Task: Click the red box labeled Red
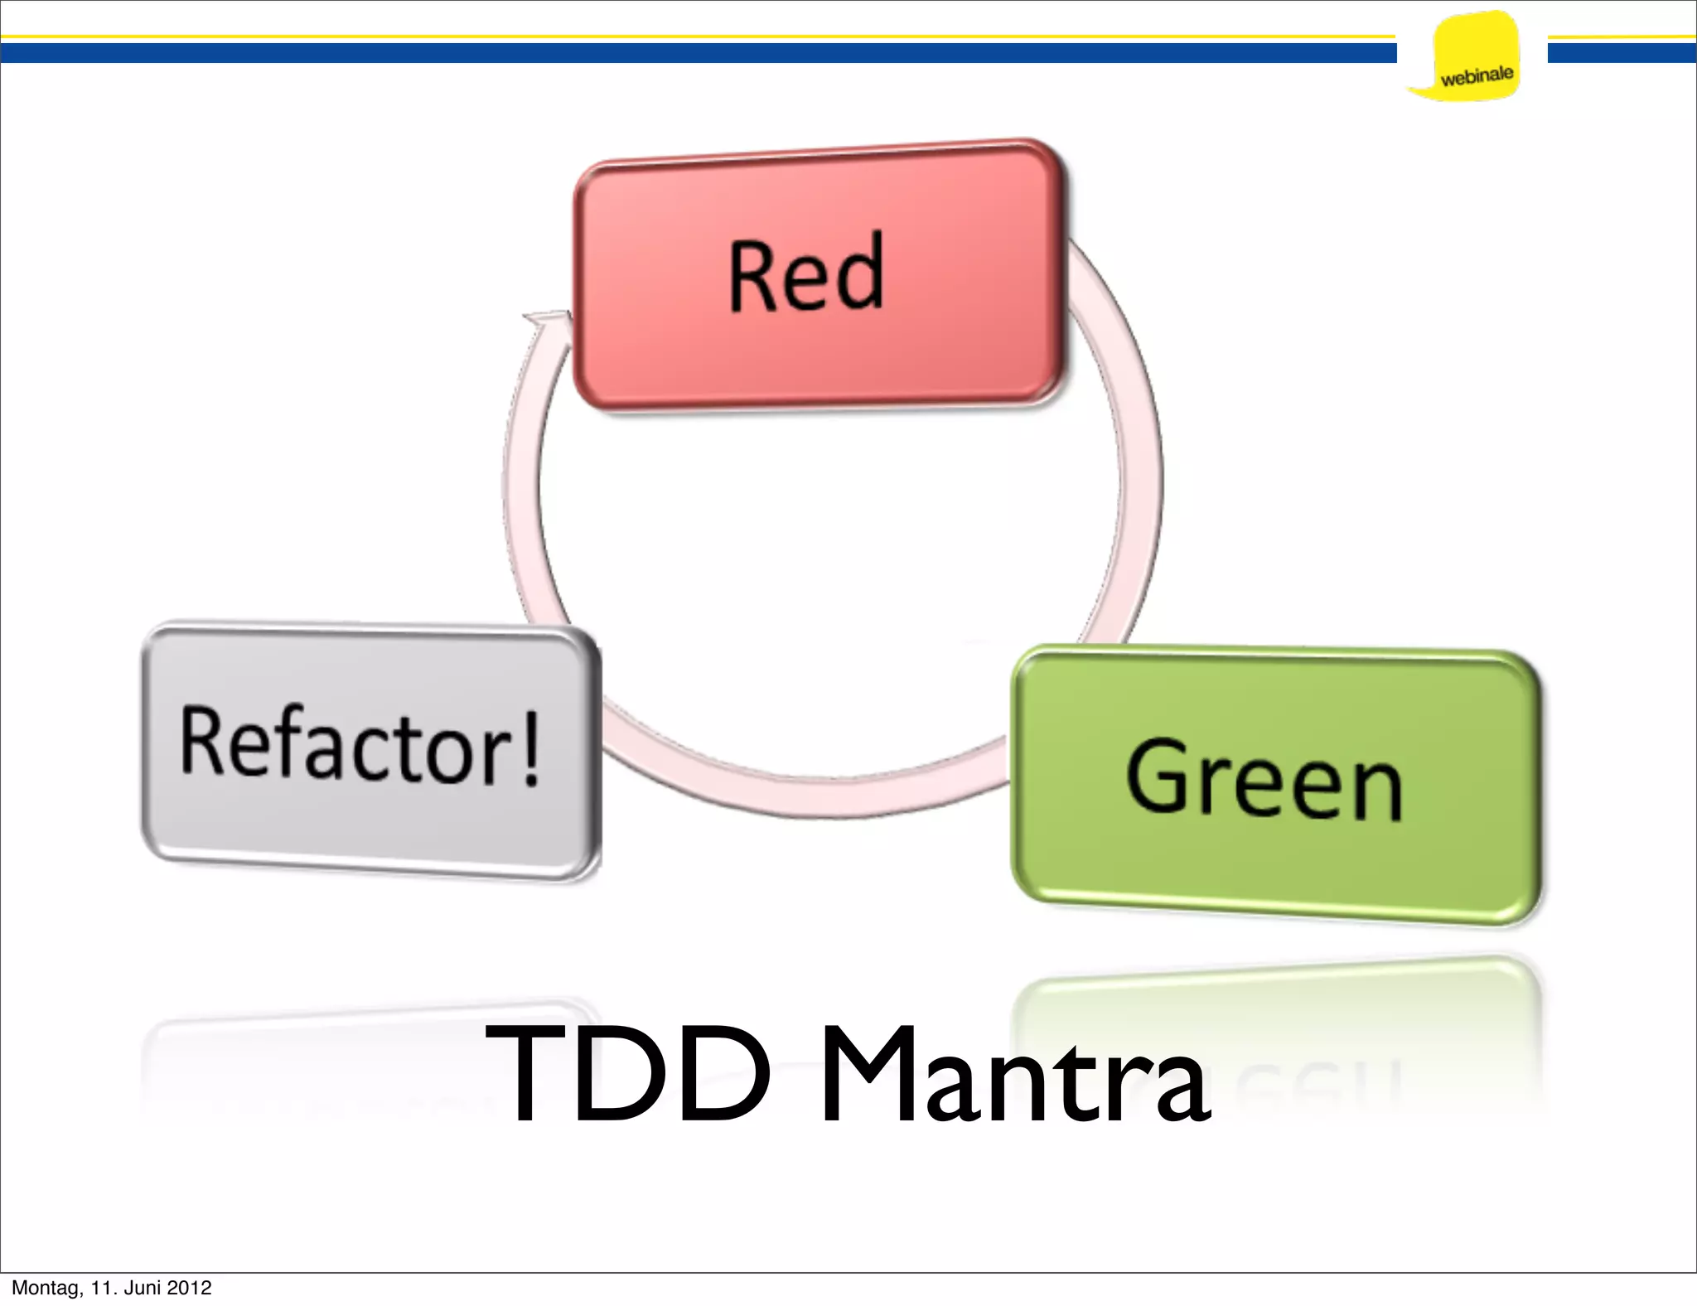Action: [x=819, y=348]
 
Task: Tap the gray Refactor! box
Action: [x=370, y=820]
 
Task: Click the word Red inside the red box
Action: [x=806, y=273]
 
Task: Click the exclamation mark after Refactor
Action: [x=531, y=747]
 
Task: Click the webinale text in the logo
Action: [x=1477, y=76]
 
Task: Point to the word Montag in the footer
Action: [x=45, y=1288]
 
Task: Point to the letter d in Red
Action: [x=857, y=272]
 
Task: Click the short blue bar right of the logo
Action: [x=1622, y=53]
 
